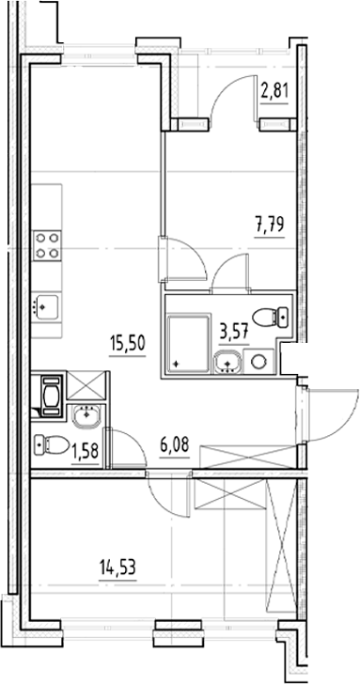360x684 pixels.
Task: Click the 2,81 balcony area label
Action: click(x=274, y=92)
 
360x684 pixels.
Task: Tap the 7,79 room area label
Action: click(x=270, y=225)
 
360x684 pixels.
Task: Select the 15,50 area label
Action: click(x=127, y=344)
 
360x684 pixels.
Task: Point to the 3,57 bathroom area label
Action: click(x=233, y=334)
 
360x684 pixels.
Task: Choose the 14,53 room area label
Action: click(x=117, y=569)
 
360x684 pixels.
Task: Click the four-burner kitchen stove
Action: click(x=47, y=245)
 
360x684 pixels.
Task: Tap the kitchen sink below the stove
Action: click(x=47, y=307)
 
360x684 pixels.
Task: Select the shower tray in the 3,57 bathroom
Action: click(x=189, y=344)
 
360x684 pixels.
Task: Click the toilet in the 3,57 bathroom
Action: click(x=271, y=318)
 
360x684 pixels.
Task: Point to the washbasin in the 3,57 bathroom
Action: click(x=227, y=362)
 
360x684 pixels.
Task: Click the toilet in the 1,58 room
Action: click(x=52, y=445)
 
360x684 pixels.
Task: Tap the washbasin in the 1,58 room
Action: click(x=86, y=416)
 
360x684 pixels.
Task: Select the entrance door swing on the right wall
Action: click(x=333, y=415)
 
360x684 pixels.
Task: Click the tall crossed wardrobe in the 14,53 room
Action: click(x=281, y=546)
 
